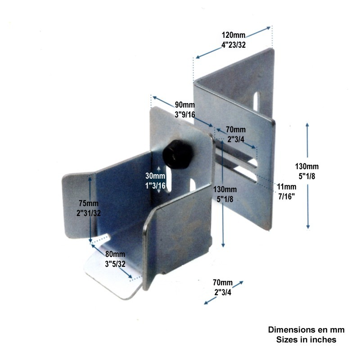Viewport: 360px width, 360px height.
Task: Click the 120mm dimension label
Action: click(x=233, y=35)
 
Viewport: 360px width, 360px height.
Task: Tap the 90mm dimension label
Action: click(x=185, y=105)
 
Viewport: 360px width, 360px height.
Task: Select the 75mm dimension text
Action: click(x=88, y=203)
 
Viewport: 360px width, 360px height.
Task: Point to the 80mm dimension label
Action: click(x=115, y=254)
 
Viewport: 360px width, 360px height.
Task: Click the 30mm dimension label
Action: click(x=155, y=176)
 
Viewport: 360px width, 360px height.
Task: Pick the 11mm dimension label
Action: click(x=286, y=187)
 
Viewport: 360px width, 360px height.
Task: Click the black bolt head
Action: click(x=177, y=154)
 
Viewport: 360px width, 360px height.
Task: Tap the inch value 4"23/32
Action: click(x=233, y=45)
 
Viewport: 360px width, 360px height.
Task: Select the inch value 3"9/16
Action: click(x=185, y=114)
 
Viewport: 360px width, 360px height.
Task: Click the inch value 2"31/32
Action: click(x=88, y=213)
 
